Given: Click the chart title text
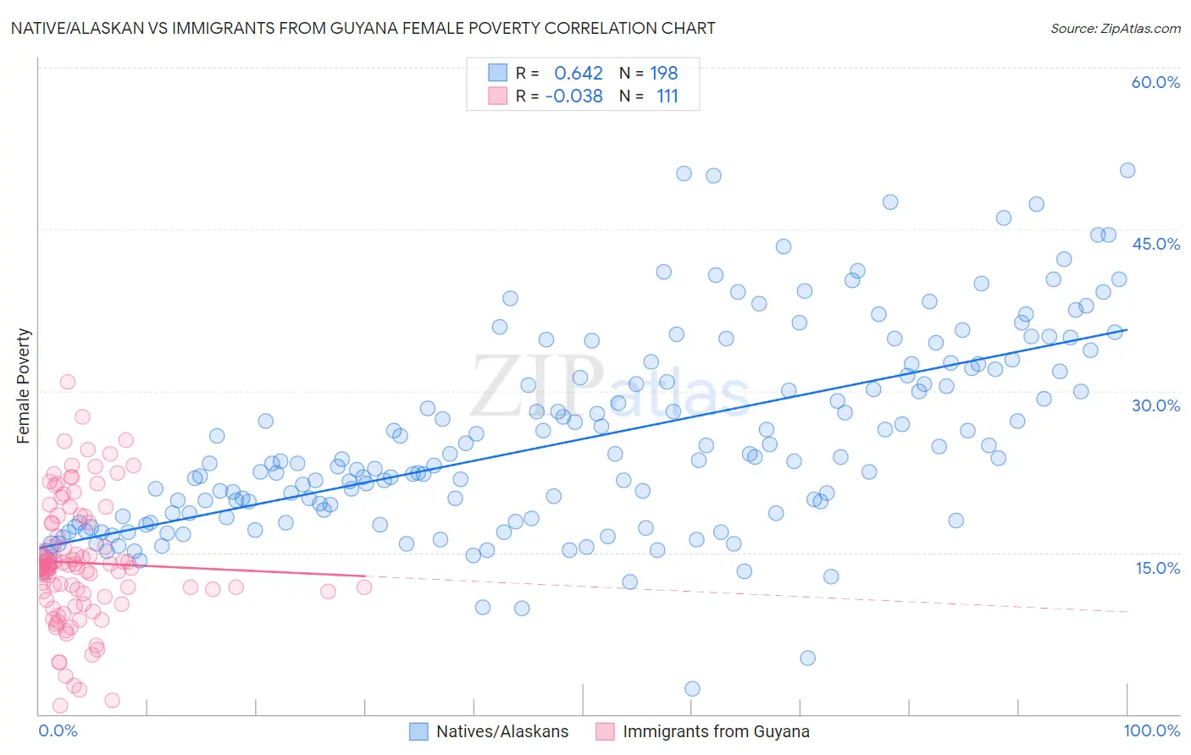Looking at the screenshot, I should click(x=363, y=28).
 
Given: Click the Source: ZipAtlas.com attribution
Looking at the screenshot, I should click(x=1115, y=28).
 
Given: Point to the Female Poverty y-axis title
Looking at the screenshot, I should click(x=23, y=386).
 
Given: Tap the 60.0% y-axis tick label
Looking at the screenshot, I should click(x=1155, y=82).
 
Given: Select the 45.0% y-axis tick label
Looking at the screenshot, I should click(x=1155, y=244).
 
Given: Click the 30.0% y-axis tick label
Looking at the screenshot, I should click(x=1155, y=405).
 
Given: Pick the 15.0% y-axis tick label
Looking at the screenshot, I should click(x=1157, y=568).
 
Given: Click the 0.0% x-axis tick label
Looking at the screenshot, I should click(x=58, y=730).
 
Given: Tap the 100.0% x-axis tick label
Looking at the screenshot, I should click(x=1151, y=730).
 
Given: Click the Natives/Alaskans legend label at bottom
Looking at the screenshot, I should click(x=502, y=731).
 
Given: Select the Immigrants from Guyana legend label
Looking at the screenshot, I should click(x=716, y=731).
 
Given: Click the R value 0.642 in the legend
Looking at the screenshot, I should click(x=579, y=74).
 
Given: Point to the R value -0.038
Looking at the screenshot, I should click(x=573, y=96).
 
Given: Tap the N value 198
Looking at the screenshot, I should click(x=664, y=74).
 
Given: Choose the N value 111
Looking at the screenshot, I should click(x=668, y=96).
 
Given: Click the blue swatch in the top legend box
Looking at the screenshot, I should click(x=497, y=73).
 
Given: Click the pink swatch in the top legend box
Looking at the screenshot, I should click(x=497, y=96).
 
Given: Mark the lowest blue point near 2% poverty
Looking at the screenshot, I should click(x=692, y=689).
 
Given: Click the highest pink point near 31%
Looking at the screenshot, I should click(x=68, y=382).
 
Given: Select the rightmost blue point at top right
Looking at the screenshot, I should click(x=1127, y=170).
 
